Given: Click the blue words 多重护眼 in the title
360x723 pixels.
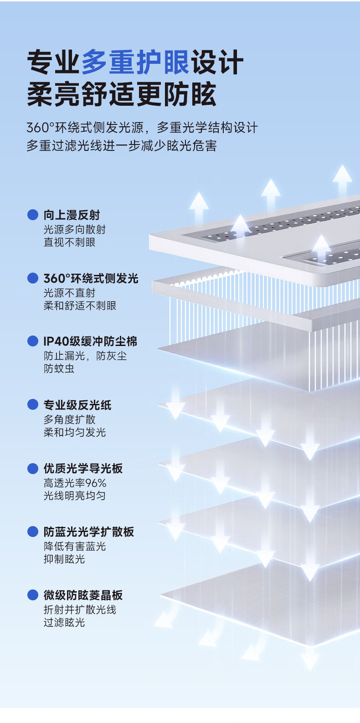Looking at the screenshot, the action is click(x=135, y=62).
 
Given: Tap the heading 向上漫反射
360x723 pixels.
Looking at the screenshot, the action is click(x=72, y=215).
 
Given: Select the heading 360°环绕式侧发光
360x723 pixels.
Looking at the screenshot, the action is click(x=91, y=278).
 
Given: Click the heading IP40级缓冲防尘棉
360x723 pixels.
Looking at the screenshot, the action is click(x=90, y=341).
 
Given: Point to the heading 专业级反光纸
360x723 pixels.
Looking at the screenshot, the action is click(x=77, y=405).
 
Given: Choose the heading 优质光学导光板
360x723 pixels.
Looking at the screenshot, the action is click(x=83, y=468).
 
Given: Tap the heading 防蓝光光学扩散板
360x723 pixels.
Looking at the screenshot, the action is click(x=88, y=532).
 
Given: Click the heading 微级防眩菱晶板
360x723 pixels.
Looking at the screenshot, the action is click(x=83, y=595).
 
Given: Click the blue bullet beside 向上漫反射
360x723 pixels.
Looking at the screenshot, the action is click(x=33, y=215).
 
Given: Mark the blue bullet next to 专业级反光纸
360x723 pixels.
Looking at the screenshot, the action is click(x=33, y=405).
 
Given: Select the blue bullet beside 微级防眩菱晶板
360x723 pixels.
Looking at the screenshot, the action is click(x=33, y=595).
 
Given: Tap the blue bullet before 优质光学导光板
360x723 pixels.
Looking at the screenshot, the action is click(x=33, y=468).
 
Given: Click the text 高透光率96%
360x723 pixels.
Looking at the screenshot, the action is click(x=75, y=483).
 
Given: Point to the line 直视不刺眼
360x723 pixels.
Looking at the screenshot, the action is click(x=69, y=242).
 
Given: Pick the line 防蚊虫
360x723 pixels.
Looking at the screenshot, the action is click(x=59, y=368).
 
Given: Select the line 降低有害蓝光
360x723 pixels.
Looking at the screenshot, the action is click(x=75, y=546).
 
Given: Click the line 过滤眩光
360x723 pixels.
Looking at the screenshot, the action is click(x=64, y=622).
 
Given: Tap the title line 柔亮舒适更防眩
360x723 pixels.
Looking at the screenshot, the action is click(x=121, y=94).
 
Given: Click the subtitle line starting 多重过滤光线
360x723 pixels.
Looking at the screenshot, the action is click(x=121, y=146).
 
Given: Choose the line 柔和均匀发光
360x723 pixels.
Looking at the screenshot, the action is click(x=75, y=432).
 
